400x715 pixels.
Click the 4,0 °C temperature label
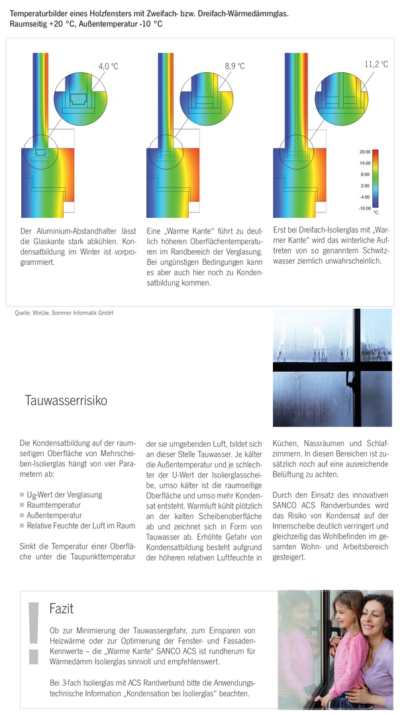click(x=108, y=66)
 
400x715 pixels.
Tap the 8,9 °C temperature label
click(x=234, y=66)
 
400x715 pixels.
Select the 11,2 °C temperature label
click(x=375, y=64)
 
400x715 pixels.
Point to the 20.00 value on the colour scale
click(x=364, y=152)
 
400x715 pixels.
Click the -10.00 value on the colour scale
click(x=364, y=208)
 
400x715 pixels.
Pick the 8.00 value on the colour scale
click(x=365, y=174)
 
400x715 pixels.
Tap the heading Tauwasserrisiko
click(x=66, y=401)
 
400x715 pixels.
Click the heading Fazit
click(x=61, y=608)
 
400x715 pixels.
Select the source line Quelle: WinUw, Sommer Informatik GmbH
click(x=64, y=313)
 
